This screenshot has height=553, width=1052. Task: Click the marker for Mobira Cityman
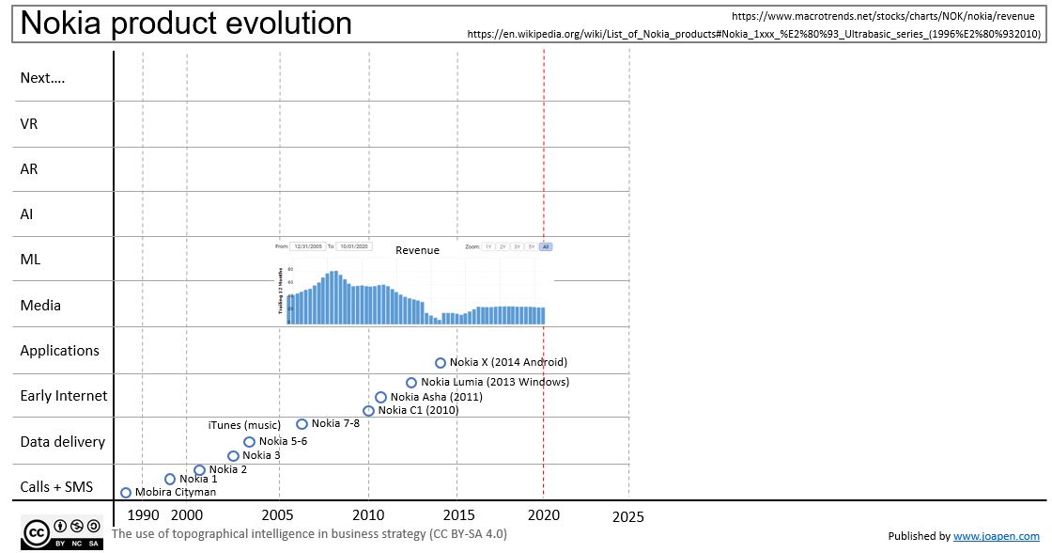tap(126, 493)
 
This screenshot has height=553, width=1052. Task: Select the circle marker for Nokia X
tap(441, 363)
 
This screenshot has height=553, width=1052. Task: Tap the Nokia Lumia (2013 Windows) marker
tap(411, 383)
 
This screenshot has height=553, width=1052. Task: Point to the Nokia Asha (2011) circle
tap(380, 398)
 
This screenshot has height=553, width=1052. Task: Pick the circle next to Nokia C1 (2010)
tap(368, 411)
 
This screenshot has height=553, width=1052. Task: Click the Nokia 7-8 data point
tap(302, 424)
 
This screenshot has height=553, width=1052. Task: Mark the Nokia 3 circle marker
tap(233, 456)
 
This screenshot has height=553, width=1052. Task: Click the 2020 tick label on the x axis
tap(544, 515)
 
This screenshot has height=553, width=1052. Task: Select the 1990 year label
tap(143, 515)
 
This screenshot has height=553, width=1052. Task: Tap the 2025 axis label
tap(628, 516)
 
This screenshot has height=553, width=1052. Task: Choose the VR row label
tap(29, 124)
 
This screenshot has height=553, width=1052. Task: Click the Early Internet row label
tap(64, 396)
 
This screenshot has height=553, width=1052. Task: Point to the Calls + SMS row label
tap(55, 486)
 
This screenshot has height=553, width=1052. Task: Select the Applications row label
tap(59, 351)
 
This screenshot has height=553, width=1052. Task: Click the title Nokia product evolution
tap(186, 24)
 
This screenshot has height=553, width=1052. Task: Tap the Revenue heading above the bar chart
tap(417, 250)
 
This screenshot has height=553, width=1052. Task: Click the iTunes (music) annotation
tap(244, 425)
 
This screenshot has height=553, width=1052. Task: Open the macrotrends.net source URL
tap(882, 16)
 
